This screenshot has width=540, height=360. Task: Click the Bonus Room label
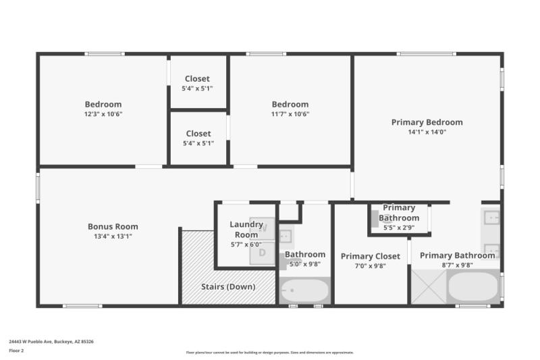click(x=113, y=227)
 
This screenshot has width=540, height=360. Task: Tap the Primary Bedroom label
click(x=427, y=122)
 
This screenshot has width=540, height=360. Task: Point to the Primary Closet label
click(x=370, y=257)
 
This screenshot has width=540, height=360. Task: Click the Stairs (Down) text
click(x=228, y=286)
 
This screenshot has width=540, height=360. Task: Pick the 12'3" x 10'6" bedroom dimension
click(x=103, y=114)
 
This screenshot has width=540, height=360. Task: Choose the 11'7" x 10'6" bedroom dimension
click(x=290, y=114)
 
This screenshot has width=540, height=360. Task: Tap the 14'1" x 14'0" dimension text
click(x=427, y=132)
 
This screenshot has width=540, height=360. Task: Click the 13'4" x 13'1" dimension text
click(x=113, y=236)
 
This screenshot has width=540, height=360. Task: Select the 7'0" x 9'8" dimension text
click(x=370, y=266)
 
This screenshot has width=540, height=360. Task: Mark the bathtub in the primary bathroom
click(x=473, y=288)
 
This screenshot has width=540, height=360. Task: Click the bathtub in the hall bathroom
click(x=304, y=291)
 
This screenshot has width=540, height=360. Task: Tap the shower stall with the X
click(x=429, y=288)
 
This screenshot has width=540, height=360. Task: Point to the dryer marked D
click(x=263, y=253)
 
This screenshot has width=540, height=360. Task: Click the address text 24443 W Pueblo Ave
click(x=51, y=342)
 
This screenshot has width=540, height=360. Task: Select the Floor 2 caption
click(x=16, y=351)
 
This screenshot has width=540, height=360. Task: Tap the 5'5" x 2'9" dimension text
click(x=398, y=228)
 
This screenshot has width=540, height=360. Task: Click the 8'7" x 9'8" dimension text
click(x=457, y=265)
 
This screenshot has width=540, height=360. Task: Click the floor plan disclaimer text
click(x=269, y=353)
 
